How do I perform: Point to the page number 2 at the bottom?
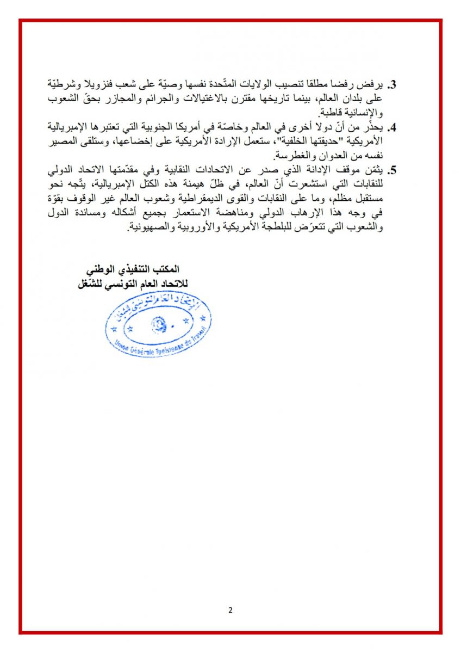point(230,610)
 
